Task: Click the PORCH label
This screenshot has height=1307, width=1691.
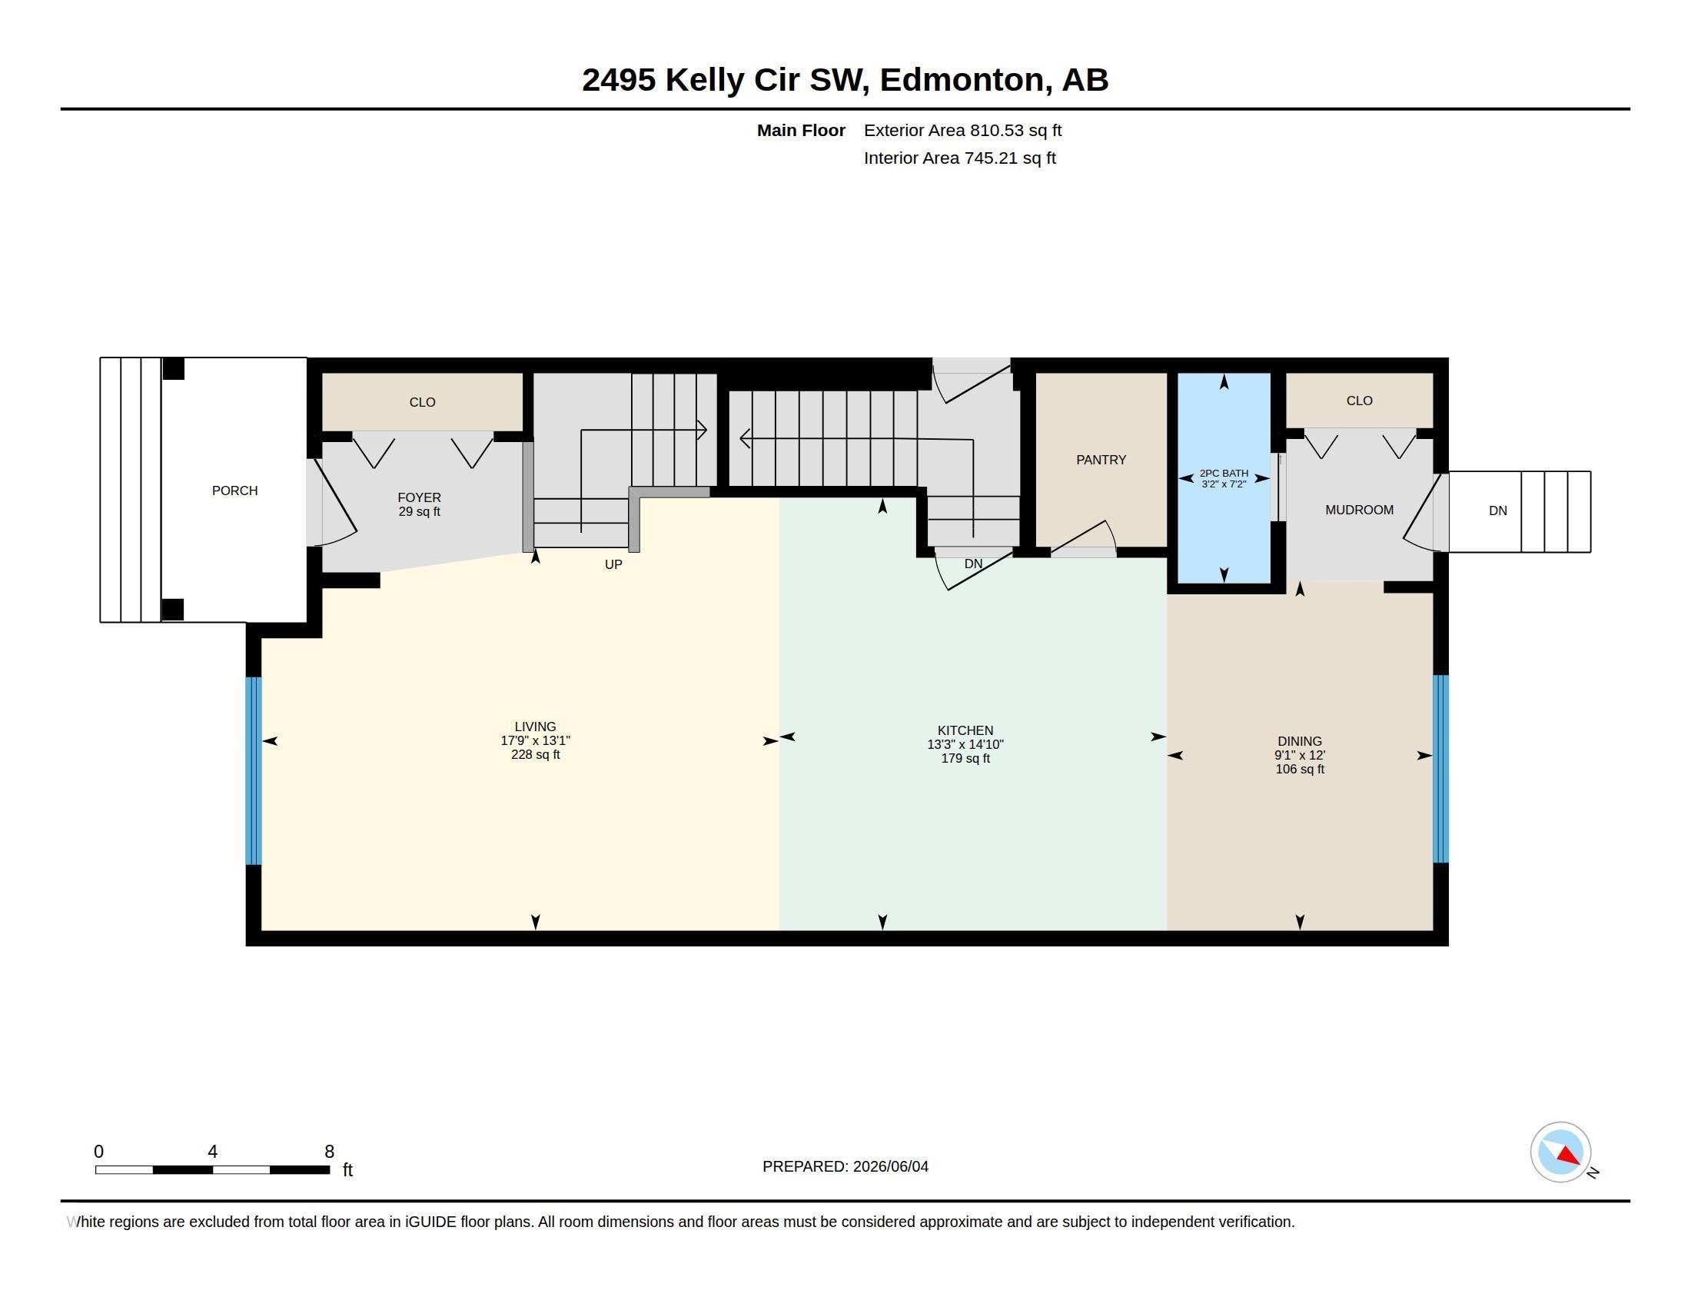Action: pyautogui.click(x=234, y=491)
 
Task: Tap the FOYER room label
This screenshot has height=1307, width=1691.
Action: pyautogui.click(x=419, y=498)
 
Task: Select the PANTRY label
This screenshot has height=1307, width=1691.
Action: pyautogui.click(x=1101, y=460)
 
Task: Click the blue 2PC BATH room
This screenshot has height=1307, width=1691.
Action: pyautogui.click(x=1224, y=477)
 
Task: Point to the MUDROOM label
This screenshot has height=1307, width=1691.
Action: pyautogui.click(x=1359, y=510)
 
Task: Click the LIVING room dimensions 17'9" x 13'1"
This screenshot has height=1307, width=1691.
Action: pyautogui.click(x=535, y=741)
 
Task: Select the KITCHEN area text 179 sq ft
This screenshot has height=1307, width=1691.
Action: pyautogui.click(x=965, y=759)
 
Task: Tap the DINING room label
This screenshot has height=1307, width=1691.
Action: pyautogui.click(x=1300, y=742)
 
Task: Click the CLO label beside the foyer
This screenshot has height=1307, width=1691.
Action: pyautogui.click(x=422, y=403)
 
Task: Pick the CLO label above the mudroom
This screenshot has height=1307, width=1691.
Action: pyautogui.click(x=1359, y=401)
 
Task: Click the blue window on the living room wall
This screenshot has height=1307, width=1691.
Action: pyautogui.click(x=253, y=770)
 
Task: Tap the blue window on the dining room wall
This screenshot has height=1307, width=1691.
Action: pyautogui.click(x=1440, y=769)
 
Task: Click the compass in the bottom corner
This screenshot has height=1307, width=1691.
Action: pyautogui.click(x=1560, y=1152)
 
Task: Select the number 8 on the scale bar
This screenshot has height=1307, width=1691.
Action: pyautogui.click(x=329, y=1152)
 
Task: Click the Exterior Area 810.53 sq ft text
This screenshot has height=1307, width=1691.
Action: pyautogui.click(x=962, y=131)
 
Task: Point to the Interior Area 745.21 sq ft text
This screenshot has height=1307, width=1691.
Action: pyautogui.click(x=959, y=158)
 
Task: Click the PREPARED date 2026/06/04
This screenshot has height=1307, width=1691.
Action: pyautogui.click(x=890, y=1167)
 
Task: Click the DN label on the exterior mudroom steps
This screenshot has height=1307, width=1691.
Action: pyautogui.click(x=1497, y=511)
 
